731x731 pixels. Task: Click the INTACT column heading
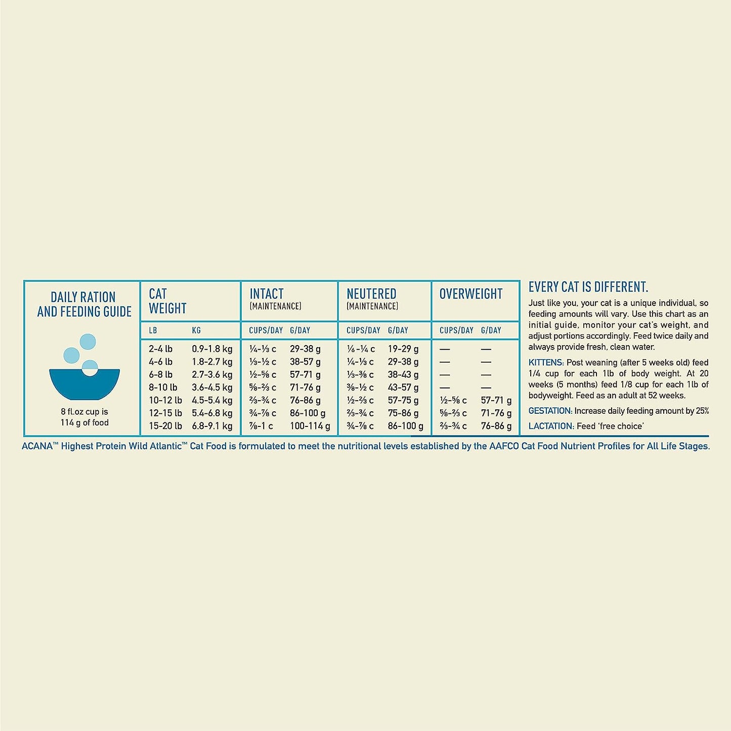pos(267,294)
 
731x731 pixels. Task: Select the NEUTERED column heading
pos(371,294)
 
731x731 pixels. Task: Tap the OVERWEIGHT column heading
pos(470,294)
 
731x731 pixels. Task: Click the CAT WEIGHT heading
pos(167,301)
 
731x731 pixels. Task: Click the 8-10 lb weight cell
pos(163,388)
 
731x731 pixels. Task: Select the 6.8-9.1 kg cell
pos(212,426)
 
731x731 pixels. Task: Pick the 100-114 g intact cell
pos(310,426)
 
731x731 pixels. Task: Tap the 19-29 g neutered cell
pos(403,349)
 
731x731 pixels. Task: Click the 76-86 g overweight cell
pos(496,426)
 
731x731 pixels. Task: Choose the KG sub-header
pos(196,330)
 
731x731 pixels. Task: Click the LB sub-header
pos(153,330)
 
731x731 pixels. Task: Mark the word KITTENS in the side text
pos(546,363)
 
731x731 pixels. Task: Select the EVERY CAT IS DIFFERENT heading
pos(588,287)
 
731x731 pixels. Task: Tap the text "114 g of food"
pos(84,422)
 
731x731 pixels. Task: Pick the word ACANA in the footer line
pos(37,446)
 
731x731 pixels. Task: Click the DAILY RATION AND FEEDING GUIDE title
pos(84,304)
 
